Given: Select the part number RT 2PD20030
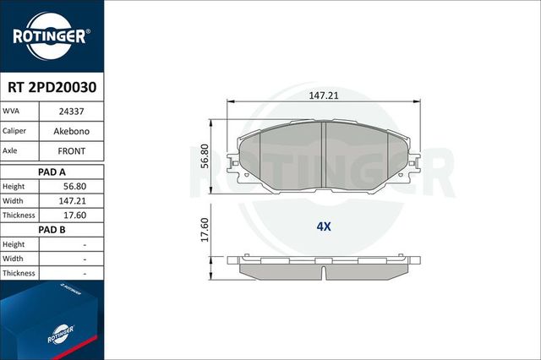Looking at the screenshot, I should [x=52, y=85].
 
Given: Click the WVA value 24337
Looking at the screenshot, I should [x=71, y=111].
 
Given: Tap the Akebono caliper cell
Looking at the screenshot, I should [x=71, y=131].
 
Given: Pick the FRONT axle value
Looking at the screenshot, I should [x=71, y=151].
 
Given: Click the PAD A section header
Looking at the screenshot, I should [x=52, y=171].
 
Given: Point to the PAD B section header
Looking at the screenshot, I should [x=52, y=229].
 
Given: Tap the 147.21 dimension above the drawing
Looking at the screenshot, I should [x=325, y=96].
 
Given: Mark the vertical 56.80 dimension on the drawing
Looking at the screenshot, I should [x=204, y=154].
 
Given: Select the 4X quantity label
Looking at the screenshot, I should [x=323, y=226].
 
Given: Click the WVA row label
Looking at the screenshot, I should [x=12, y=111].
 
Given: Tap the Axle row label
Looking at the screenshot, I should [x=13, y=151].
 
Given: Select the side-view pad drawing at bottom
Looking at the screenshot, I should [x=325, y=267].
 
